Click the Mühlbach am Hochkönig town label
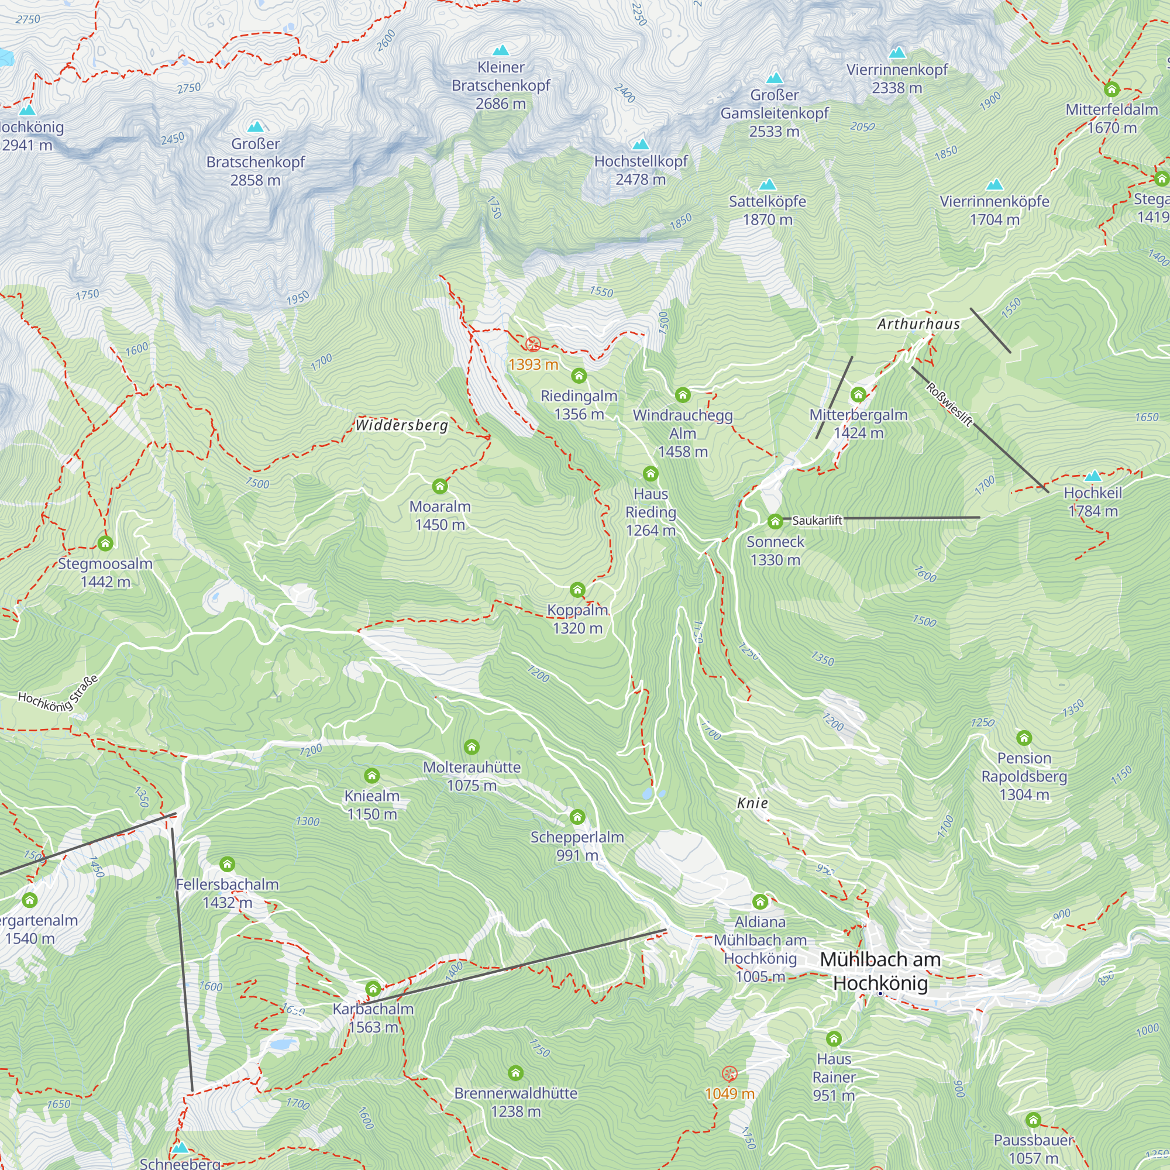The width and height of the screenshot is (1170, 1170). pyautogui.click(x=880, y=971)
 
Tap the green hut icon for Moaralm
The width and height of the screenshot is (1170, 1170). pyautogui.click(x=440, y=486)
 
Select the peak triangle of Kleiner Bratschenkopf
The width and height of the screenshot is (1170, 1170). pyautogui.click(x=501, y=50)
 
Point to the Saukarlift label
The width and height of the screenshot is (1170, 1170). pyautogui.click(x=817, y=520)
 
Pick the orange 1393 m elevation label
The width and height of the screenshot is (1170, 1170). pyautogui.click(x=533, y=364)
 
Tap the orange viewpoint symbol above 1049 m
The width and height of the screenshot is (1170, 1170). pyautogui.click(x=729, y=1073)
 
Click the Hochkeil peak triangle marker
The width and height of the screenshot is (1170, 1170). pyautogui.click(x=1093, y=476)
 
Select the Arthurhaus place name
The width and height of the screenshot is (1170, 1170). pyautogui.click(x=918, y=324)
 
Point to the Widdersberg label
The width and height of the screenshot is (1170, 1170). pyautogui.click(x=401, y=425)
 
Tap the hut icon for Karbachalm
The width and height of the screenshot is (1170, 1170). pyautogui.click(x=373, y=989)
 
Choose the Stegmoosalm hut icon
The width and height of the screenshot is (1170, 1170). pyautogui.click(x=105, y=543)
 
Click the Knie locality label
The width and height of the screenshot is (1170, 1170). pyautogui.click(x=752, y=803)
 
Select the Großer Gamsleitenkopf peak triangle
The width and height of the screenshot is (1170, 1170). pyautogui.click(x=775, y=78)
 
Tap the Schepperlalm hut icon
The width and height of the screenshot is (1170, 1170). pyautogui.click(x=577, y=817)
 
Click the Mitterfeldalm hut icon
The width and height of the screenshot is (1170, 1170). pyautogui.click(x=1111, y=89)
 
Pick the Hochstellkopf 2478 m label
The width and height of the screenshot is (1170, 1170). pyautogui.click(x=641, y=170)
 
